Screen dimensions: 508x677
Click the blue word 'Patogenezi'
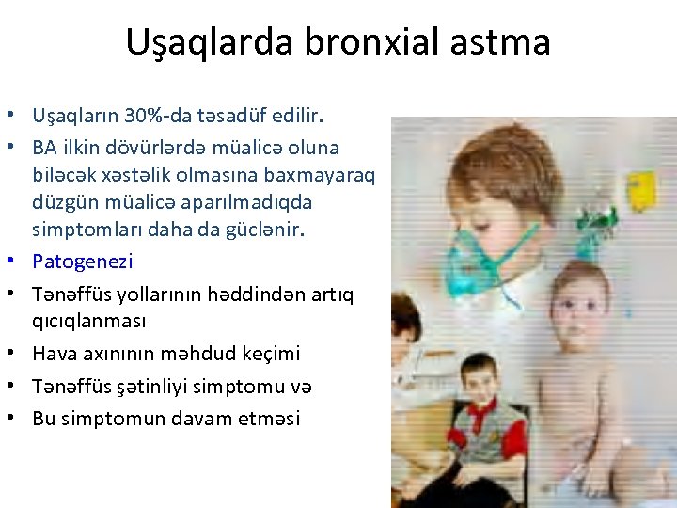click(x=83, y=261)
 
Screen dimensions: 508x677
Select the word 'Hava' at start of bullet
click(x=52, y=353)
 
